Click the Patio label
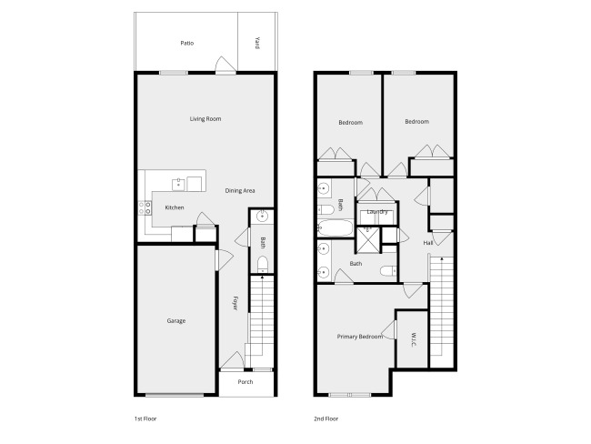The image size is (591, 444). [x=187, y=43]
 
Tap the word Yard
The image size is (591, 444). [x=257, y=43]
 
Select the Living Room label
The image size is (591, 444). [x=205, y=119]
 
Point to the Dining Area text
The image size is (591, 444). [x=240, y=190]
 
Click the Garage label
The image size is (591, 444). [x=176, y=321]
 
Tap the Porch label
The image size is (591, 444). [x=245, y=382]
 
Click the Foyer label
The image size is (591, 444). [x=235, y=303]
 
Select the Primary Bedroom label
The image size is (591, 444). [x=360, y=337]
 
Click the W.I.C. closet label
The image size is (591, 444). [x=414, y=339]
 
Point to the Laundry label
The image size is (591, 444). [x=377, y=212]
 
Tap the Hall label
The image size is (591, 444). [x=428, y=243]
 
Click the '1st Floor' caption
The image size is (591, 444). [x=145, y=419]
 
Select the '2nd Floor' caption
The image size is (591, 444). [x=326, y=419]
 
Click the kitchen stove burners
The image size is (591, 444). [x=145, y=207]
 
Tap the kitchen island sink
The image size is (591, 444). [x=178, y=185]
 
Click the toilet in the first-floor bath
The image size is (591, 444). [x=263, y=264]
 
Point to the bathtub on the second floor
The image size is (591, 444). [x=336, y=227]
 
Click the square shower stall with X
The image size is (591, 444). [x=368, y=239]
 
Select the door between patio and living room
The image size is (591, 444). [x=225, y=65]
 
